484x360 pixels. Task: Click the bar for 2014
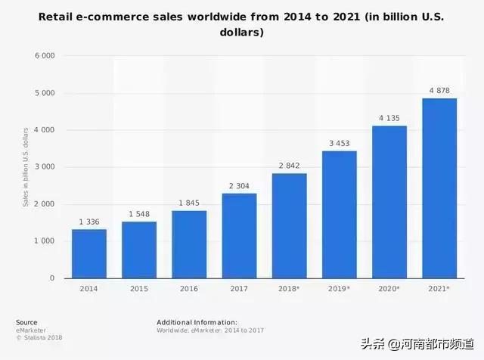pyautogui.click(x=89, y=253)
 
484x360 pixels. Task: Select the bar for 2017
pyautogui.click(x=239, y=236)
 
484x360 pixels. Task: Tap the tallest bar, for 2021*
pyautogui.click(x=439, y=188)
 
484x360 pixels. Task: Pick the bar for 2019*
pyautogui.click(x=340, y=215)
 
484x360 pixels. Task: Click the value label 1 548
pyautogui.click(x=139, y=214)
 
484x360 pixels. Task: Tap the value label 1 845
pyautogui.click(x=189, y=203)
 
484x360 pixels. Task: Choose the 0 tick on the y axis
pyautogui.click(x=52, y=278)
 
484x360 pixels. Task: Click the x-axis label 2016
pyautogui.click(x=189, y=289)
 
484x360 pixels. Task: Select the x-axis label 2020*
pyautogui.click(x=389, y=289)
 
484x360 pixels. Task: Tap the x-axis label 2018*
pyautogui.click(x=290, y=289)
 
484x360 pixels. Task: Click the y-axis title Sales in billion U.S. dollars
pyautogui.click(x=25, y=167)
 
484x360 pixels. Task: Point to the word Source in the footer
pyautogui.click(x=26, y=322)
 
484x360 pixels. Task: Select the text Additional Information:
pyautogui.click(x=197, y=322)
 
